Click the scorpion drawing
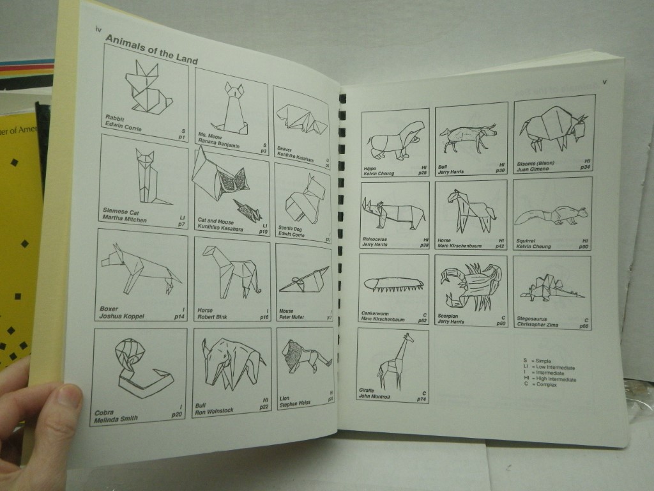pos(471,284)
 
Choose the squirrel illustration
pos(551,215)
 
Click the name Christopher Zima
pos(538,325)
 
